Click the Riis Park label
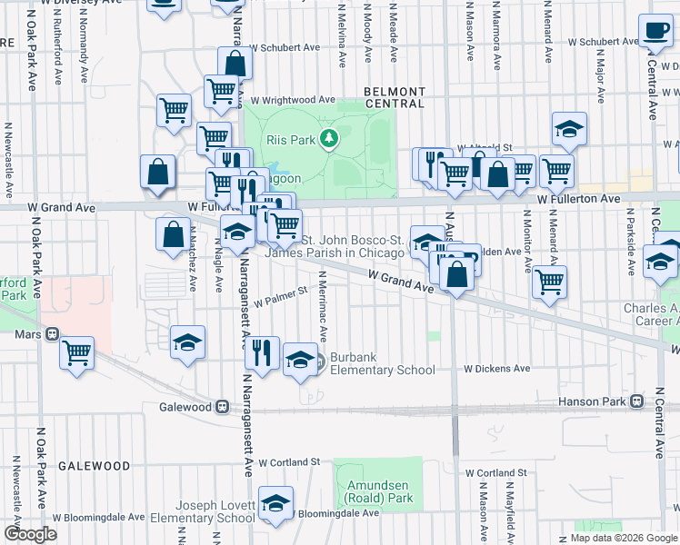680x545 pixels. click(289, 141)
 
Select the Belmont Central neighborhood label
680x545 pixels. click(394, 97)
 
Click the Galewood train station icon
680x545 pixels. click(223, 407)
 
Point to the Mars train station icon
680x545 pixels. click(53, 334)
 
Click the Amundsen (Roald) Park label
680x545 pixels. click(379, 491)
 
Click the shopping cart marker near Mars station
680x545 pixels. click(77, 352)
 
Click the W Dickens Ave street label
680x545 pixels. click(496, 369)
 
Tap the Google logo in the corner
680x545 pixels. click(30, 534)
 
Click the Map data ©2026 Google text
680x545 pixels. click(622, 538)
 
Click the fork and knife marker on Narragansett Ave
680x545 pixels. click(261, 352)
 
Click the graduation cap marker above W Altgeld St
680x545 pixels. click(569, 129)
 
